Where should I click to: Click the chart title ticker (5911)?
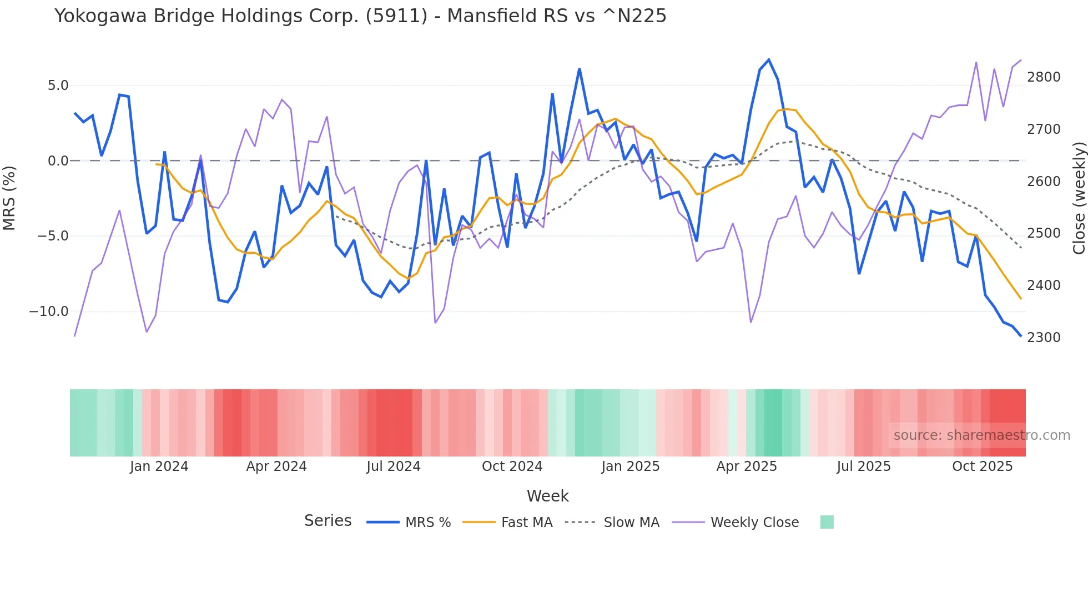point(396,16)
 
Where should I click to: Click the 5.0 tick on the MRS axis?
point(58,86)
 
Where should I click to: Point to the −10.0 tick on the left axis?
point(49,312)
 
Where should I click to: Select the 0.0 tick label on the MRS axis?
point(58,161)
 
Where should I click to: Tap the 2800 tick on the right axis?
point(1044,77)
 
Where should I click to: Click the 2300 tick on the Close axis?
point(1044,338)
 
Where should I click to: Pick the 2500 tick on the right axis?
point(1044,233)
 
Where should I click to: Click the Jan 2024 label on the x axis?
point(159,466)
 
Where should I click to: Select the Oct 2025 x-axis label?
point(982,466)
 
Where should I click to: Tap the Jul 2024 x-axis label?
point(394,466)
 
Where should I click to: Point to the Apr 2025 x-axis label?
point(747,466)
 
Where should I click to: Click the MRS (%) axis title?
point(9,198)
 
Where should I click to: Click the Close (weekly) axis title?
point(1079,198)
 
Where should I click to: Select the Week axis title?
point(547,496)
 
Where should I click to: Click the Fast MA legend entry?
point(526,523)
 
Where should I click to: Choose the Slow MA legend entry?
point(631,523)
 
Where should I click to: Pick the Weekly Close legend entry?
point(754,523)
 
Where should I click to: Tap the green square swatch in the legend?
point(827,522)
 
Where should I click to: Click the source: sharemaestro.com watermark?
point(981,435)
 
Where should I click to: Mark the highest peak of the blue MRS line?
point(769,59)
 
